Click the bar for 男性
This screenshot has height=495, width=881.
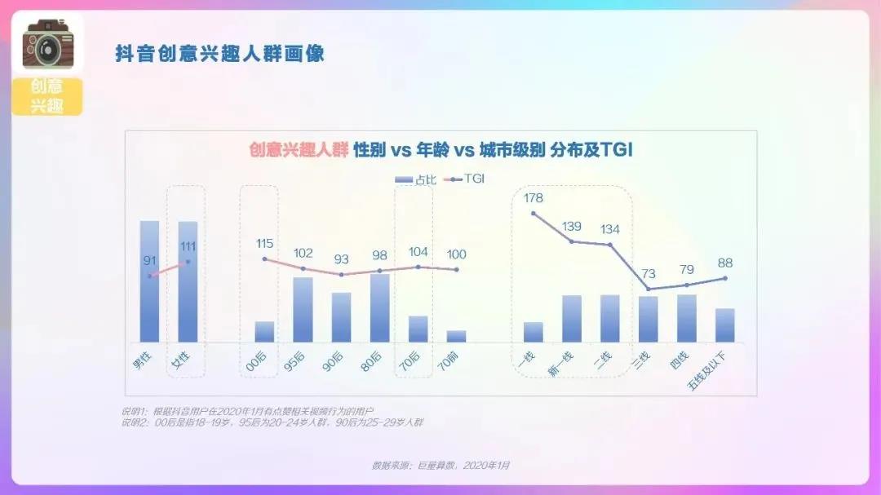tap(149, 281)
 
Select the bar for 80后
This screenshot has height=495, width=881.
tap(379, 308)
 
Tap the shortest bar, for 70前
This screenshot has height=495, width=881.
tap(456, 336)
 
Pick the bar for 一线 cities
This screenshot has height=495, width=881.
tap(533, 332)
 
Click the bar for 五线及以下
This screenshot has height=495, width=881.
tap(725, 325)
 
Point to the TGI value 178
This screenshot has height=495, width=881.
tap(533, 198)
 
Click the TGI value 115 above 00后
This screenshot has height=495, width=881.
tap(264, 243)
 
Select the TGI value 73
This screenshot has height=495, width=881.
tap(649, 273)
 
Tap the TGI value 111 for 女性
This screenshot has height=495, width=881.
tap(188, 246)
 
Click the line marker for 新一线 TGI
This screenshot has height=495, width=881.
tap(571, 241)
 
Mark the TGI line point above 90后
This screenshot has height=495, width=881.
tap(341, 275)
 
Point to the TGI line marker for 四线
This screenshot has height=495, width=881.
tap(687, 285)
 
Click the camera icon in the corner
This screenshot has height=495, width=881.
tap(47, 45)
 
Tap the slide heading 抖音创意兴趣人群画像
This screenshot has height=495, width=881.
tap(219, 54)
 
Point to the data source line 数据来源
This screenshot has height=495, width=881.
tap(440, 465)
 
